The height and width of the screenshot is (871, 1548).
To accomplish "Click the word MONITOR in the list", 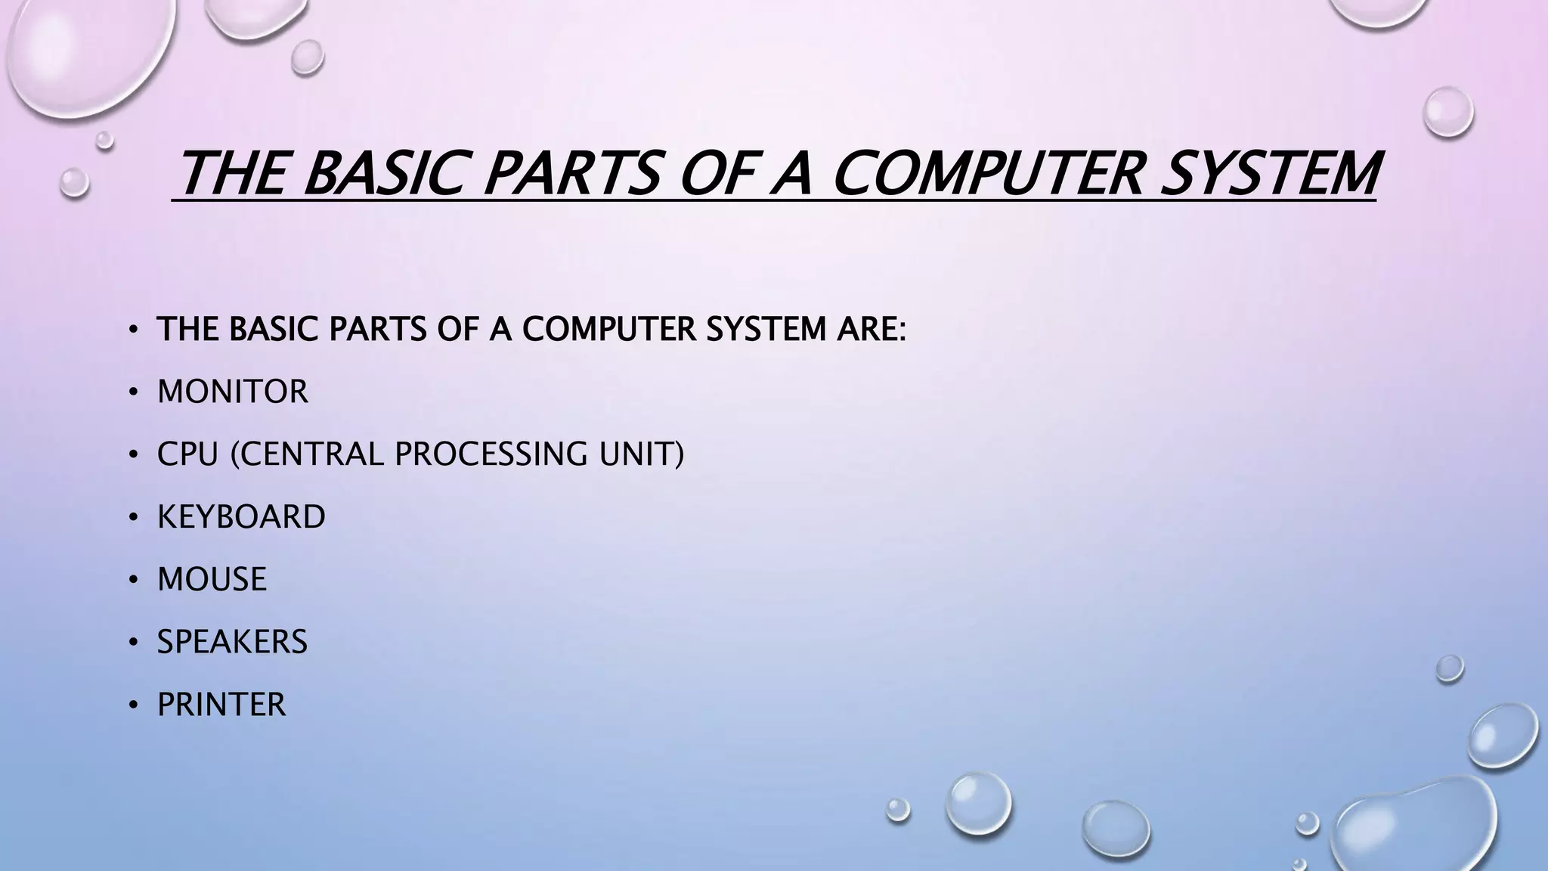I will (233, 392).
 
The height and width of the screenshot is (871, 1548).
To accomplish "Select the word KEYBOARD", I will (241, 517).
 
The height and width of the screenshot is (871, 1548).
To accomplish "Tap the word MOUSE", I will (212, 579).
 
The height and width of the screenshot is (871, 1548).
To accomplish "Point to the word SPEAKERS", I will (232, 642).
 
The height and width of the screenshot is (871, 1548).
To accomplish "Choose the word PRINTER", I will (221, 705).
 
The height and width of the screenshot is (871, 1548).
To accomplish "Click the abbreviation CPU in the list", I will (187, 454).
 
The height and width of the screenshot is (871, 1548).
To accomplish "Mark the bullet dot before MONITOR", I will (133, 392).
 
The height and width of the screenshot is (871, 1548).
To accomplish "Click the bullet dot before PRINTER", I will (133, 705).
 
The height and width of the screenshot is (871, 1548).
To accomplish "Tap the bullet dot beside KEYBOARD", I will (133, 518).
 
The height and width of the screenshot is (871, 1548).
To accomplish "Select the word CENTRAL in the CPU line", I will (311, 454).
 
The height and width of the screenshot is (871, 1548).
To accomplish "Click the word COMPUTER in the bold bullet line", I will (608, 329).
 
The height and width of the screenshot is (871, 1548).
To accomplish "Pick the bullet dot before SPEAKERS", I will (133, 643).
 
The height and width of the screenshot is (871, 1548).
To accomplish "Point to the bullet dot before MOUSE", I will (133, 580).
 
